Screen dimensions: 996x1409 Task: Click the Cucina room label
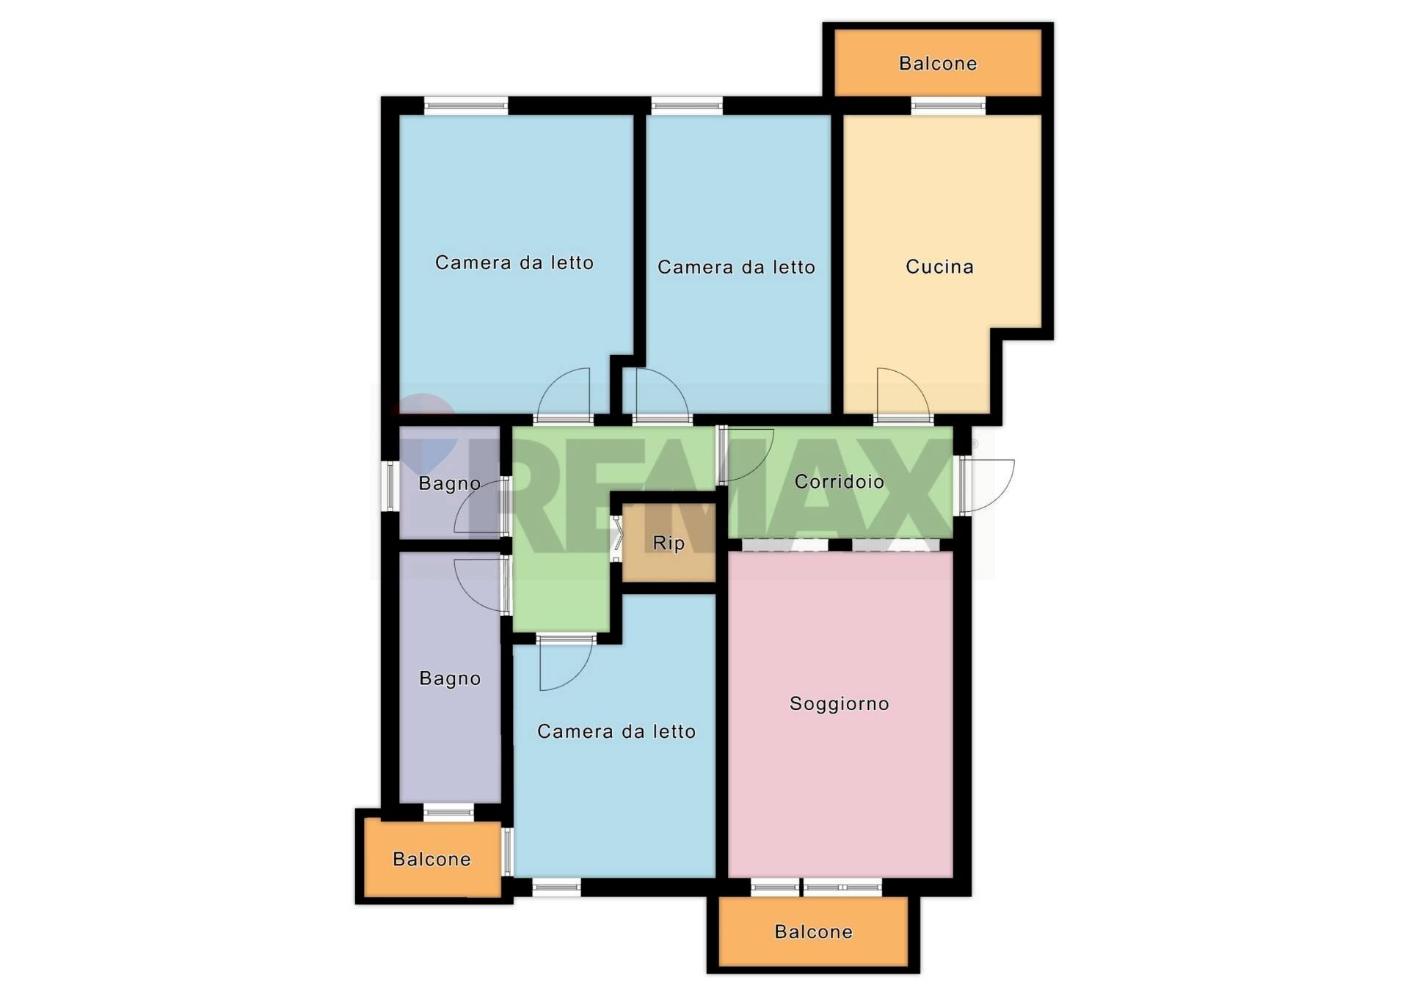pyautogui.click(x=939, y=267)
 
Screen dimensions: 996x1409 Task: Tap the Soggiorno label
pyautogui.click(x=839, y=704)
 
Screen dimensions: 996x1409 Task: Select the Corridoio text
pyautogui.click(x=839, y=482)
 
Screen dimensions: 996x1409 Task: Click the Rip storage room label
pyautogui.click(x=669, y=543)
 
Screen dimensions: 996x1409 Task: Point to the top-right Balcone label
pyautogui.click(x=938, y=64)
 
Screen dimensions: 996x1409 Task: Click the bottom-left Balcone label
pyautogui.click(x=432, y=860)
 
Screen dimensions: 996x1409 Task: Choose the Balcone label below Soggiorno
pyautogui.click(x=813, y=932)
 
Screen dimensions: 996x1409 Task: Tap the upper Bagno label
pyautogui.click(x=449, y=484)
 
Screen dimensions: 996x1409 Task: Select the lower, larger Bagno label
pyautogui.click(x=450, y=679)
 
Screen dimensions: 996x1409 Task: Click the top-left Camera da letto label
pyautogui.click(x=514, y=263)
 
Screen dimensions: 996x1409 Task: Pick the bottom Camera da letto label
pyautogui.click(x=616, y=731)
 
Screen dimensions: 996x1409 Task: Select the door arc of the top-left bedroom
pyautogui.click(x=564, y=392)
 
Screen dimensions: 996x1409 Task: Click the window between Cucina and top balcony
pyautogui.click(x=948, y=106)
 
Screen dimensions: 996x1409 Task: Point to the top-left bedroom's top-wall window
pyautogui.click(x=466, y=106)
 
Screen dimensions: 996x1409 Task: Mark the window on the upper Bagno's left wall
pyautogui.click(x=390, y=486)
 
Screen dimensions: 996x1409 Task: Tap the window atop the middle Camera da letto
pyautogui.click(x=687, y=106)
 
